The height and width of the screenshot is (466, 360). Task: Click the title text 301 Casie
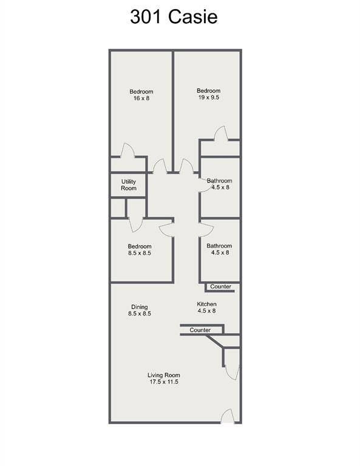click(x=174, y=16)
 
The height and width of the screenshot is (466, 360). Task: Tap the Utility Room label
click(x=129, y=184)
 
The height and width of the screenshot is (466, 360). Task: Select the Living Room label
click(x=163, y=375)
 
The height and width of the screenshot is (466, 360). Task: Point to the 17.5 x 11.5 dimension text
click(x=163, y=382)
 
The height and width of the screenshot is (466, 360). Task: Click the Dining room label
click(x=140, y=307)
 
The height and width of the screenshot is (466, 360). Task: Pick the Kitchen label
click(x=206, y=304)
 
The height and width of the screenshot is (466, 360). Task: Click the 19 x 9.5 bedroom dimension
click(x=209, y=97)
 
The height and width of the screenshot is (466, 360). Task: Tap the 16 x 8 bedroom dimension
click(x=141, y=98)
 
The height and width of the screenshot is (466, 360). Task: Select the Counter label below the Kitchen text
click(x=200, y=330)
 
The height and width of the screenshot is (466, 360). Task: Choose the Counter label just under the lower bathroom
click(x=220, y=286)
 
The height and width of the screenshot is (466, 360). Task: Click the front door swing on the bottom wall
click(x=228, y=416)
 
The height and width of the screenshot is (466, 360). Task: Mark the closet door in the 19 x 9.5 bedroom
click(x=221, y=133)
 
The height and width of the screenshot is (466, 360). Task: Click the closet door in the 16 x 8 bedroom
click(x=127, y=150)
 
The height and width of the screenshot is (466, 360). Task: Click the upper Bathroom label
click(x=219, y=181)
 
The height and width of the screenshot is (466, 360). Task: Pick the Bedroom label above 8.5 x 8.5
click(x=140, y=246)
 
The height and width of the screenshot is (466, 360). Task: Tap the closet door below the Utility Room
click(x=136, y=225)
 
